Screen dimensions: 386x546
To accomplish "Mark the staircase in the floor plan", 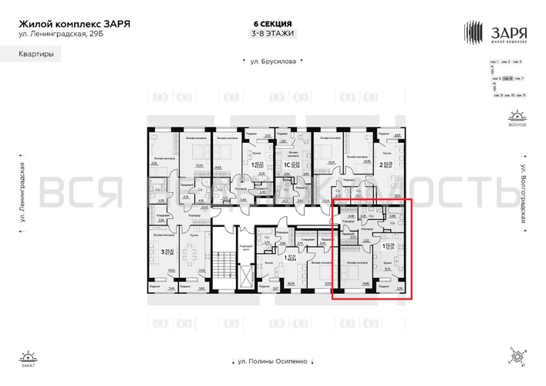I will [x=224, y=266].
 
